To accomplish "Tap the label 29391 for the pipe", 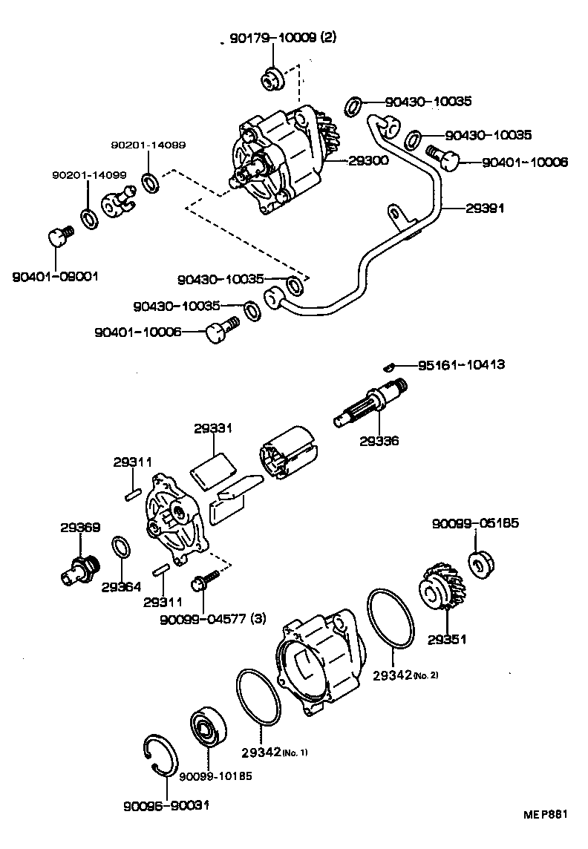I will click(x=486, y=209).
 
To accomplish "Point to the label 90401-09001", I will click(x=56, y=276).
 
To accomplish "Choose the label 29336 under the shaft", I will click(x=379, y=441).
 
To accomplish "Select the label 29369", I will click(x=80, y=528).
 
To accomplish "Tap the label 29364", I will click(x=121, y=586).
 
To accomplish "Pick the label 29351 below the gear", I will click(x=447, y=639).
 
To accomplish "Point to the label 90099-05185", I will click(x=475, y=523).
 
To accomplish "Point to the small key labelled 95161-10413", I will click(x=388, y=364).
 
